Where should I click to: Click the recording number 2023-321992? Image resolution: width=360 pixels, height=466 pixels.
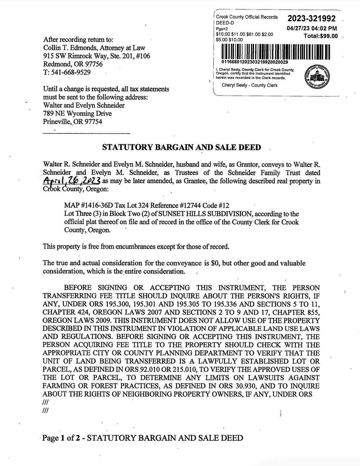[x=311, y=19]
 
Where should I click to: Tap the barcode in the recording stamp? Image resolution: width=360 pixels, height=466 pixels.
[x=275, y=52]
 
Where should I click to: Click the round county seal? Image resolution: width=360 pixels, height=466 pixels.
[x=317, y=77]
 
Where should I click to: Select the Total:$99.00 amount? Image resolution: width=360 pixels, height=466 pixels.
[x=320, y=36]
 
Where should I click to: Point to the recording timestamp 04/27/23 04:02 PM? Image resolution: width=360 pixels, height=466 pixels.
[x=312, y=28]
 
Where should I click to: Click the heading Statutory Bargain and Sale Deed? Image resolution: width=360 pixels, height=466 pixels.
[x=182, y=147]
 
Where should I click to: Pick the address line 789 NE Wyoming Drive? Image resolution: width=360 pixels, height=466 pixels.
[x=77, y=114]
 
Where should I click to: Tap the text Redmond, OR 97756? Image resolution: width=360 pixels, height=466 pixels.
[x=73, y=64]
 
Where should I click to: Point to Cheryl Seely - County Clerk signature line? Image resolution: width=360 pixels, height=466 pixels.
[x=249, y=85]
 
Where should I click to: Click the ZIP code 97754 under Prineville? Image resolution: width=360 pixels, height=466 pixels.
[x=93, y=122]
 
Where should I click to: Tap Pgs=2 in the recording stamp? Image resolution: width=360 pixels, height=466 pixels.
[x=222, y=29]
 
